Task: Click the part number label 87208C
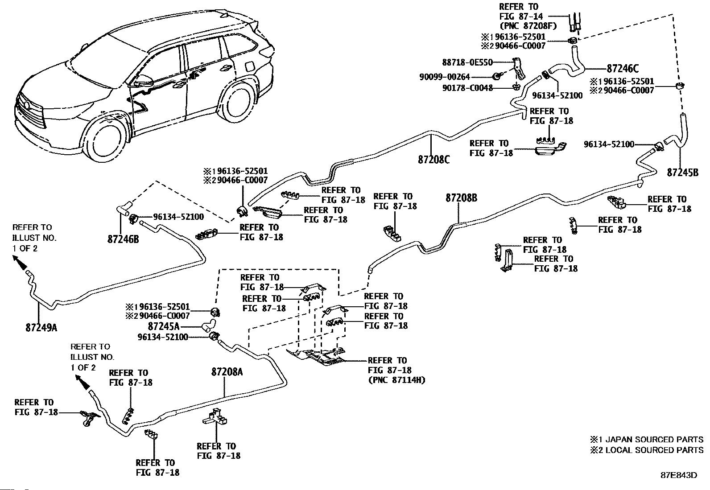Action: pyautogui.click(x=433, y=160)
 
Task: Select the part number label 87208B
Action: pyautogui.click(x=461, y=198)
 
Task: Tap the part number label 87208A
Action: pyautogui.click(x=227, y=372)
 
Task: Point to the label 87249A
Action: pyautogui.click(x=41, y=327)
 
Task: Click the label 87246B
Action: pyautogui.click(x=123, y=239)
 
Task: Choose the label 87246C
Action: pyautogui.click(x=623, y=69)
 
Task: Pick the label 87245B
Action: pyautogui.click(x=683, y=173)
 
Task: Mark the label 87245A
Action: pyautogui.click(x=164, y=326)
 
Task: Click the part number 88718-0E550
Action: pyautogui.click(x=467, y=62)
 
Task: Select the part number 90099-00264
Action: pyautogui.click(x=445, y=77)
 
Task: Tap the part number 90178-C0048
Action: pyautogui.click(x=467, y=88)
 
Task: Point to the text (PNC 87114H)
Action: pyautogui.click(x=396, y=380)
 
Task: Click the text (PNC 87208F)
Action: pyautogui.click(x=528, y=26)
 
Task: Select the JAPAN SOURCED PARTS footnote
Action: pyautogui.click(x=647, y=439)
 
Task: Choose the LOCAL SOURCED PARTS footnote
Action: pyautogui.click(x=647, y=450)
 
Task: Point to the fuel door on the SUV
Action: pyautogui.click(x=250, y=67)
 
